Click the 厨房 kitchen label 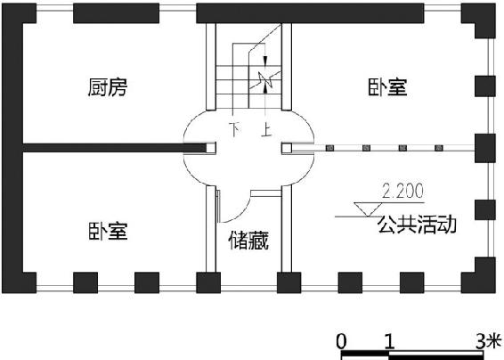[108, 87]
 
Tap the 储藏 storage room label [248, 241]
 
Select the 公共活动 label [417, 225]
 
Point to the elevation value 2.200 [402, 191]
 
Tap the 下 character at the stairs [236, 129]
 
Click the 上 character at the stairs [266, 129]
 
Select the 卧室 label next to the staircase [387, 87]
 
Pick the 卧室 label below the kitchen [108, 231]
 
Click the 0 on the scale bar [341, 341]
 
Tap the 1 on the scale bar [389, 341]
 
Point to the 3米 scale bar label [489, 341]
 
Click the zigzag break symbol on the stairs [265, 80]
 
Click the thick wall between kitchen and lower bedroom [115, 148]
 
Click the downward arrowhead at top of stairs [265, 61]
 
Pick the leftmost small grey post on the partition [329, 148]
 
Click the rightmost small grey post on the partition [439, 148]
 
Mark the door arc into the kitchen [191, 121]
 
